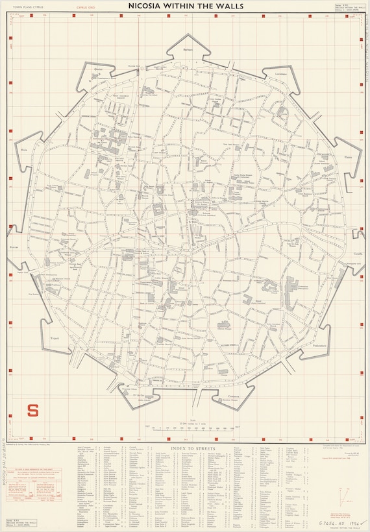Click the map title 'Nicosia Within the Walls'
coord(184,6)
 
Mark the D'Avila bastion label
coord(138,395)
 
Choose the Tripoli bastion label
coord(55,338)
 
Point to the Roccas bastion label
coord(14,247)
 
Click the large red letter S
coord(32,410)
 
